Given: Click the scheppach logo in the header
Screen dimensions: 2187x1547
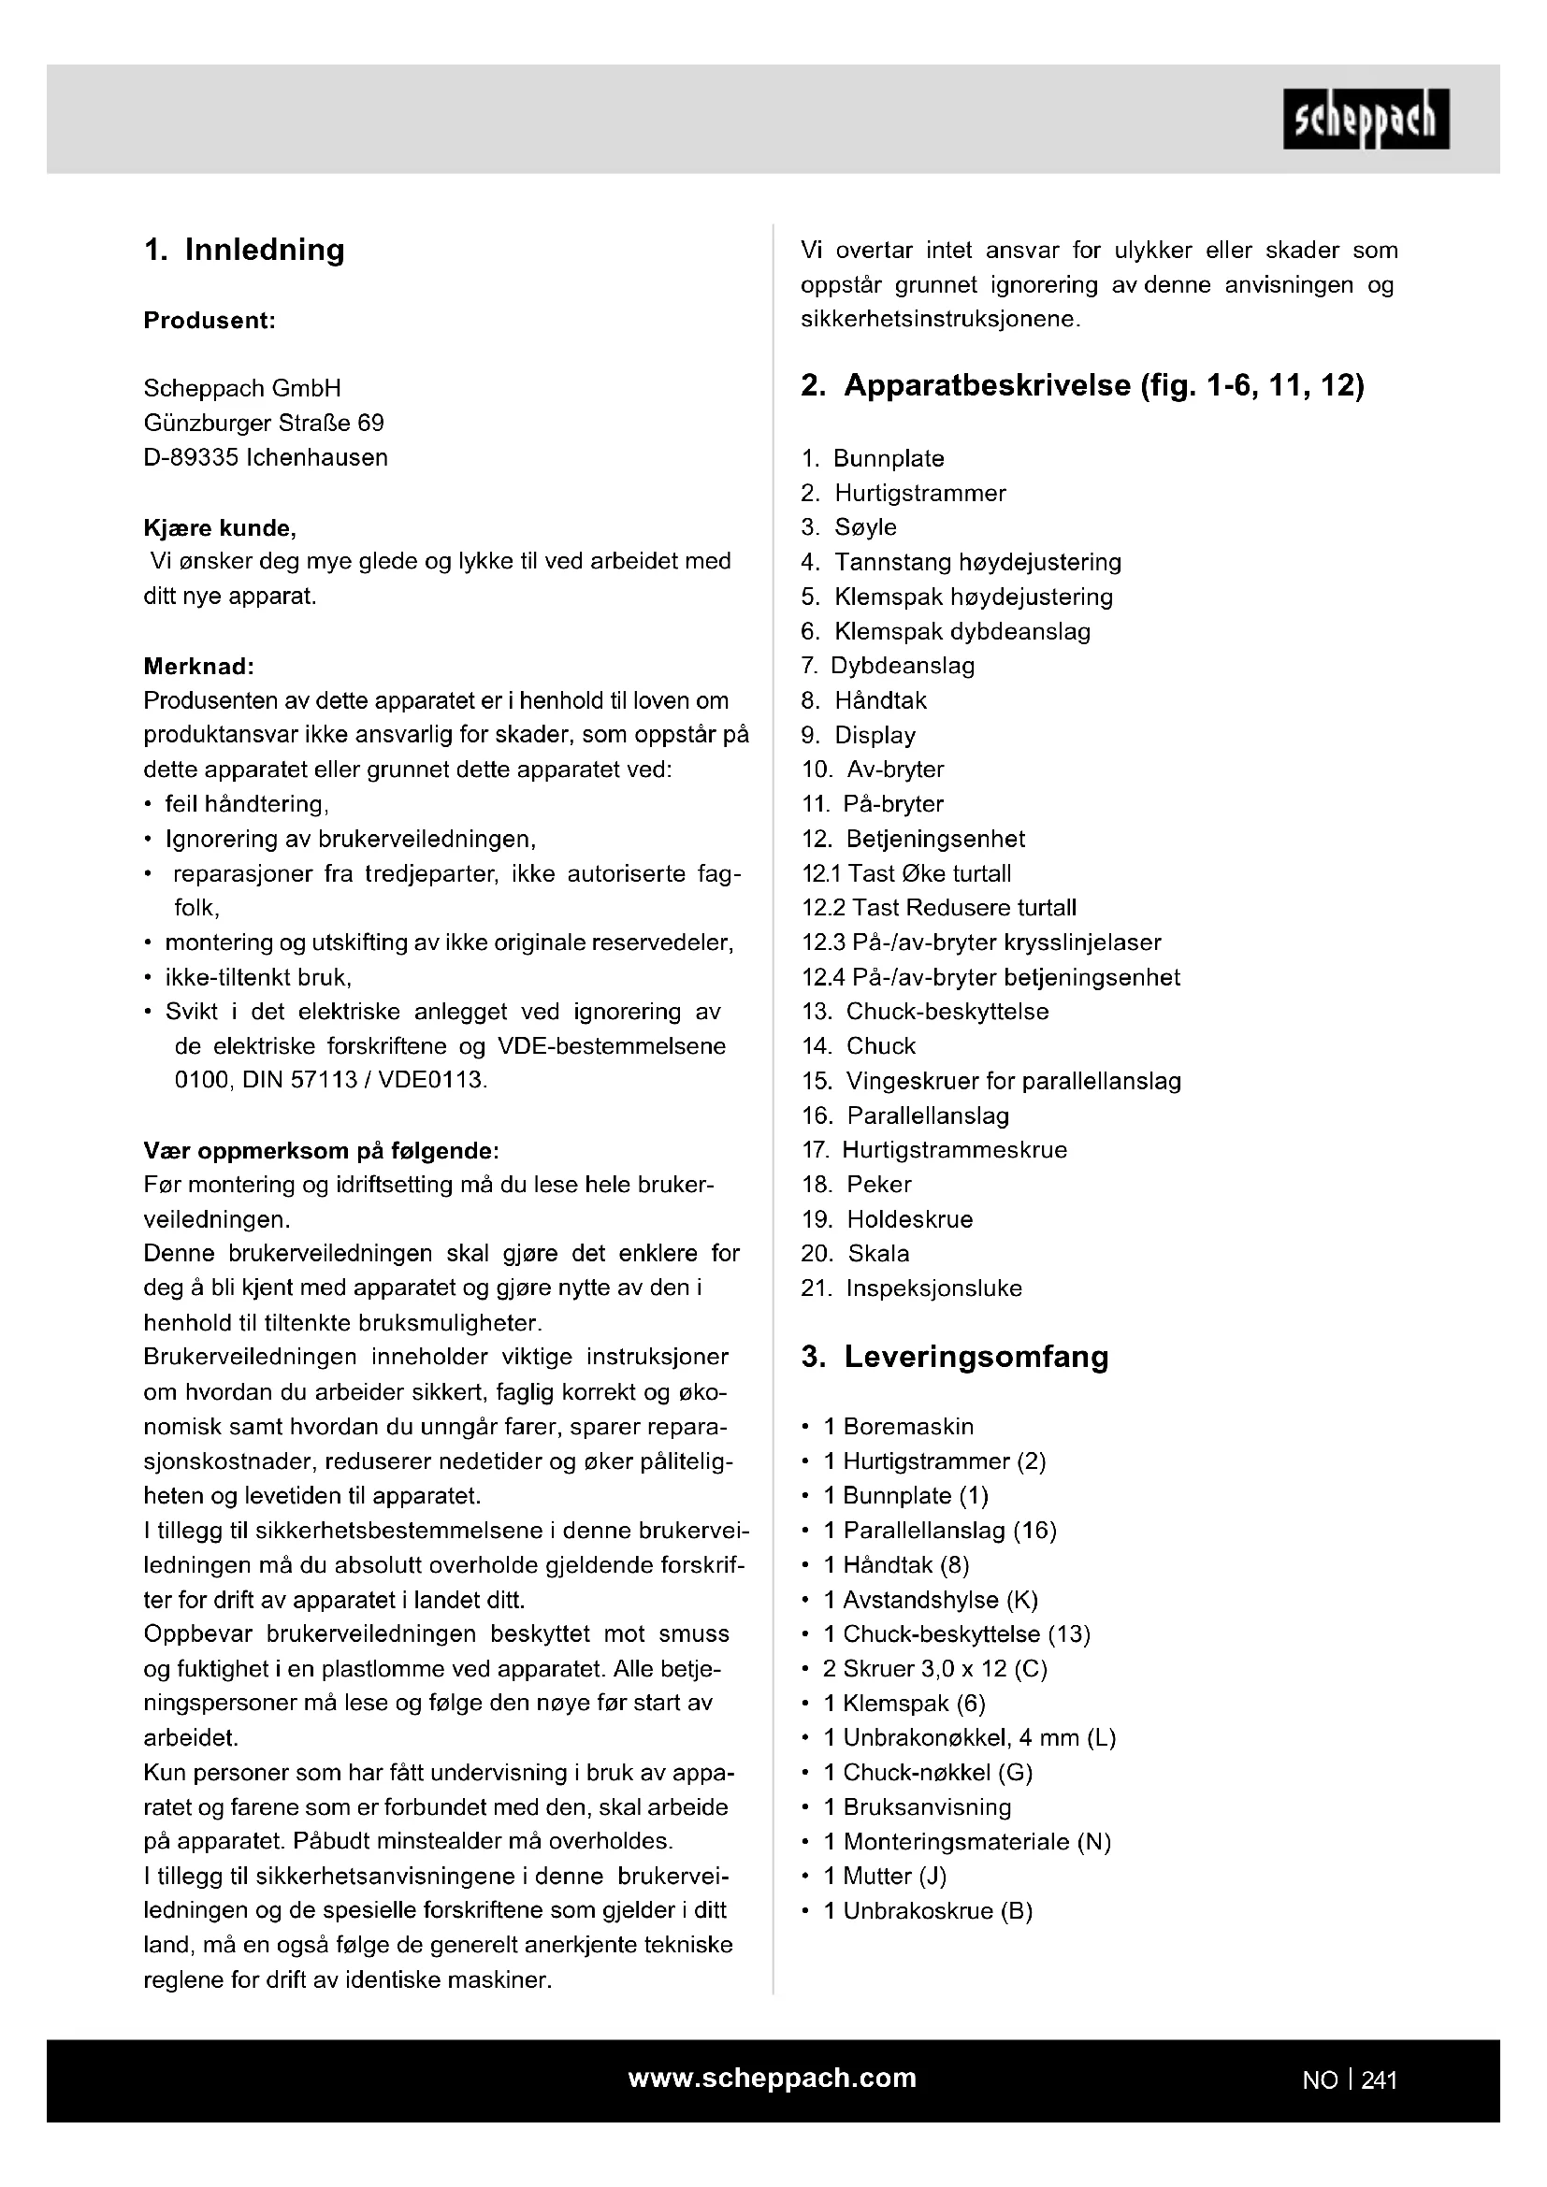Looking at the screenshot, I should point(1365,120).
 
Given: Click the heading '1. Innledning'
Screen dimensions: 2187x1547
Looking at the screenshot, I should point(244,250).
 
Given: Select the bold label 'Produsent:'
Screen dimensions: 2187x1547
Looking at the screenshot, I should point(210,321).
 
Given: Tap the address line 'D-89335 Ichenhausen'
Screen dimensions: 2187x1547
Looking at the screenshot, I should point(266,457).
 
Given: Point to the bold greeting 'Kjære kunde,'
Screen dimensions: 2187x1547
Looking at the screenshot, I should point(219,527).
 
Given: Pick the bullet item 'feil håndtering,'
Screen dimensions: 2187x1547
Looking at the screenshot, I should point(247,804).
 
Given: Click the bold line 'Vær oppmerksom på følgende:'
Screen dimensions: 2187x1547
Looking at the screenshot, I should point(321,1151).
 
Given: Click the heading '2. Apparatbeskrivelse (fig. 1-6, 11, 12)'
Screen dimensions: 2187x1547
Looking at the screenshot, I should point(1082,386).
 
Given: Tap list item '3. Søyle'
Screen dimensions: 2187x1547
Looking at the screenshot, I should point(848,527).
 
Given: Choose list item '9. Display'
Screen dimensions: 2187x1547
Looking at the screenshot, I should point(859,735).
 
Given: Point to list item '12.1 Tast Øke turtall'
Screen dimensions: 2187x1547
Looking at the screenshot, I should point(906,873).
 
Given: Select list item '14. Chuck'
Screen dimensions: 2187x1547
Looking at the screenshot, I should point(859,1046).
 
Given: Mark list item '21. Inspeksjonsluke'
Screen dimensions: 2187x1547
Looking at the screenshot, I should point(911,1288).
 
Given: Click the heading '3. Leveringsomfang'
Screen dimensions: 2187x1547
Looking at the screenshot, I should point(955,1358).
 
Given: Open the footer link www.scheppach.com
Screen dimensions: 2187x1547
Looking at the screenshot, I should point(772,2078).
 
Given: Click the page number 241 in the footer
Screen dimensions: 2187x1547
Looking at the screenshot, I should point(1379,2080).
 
